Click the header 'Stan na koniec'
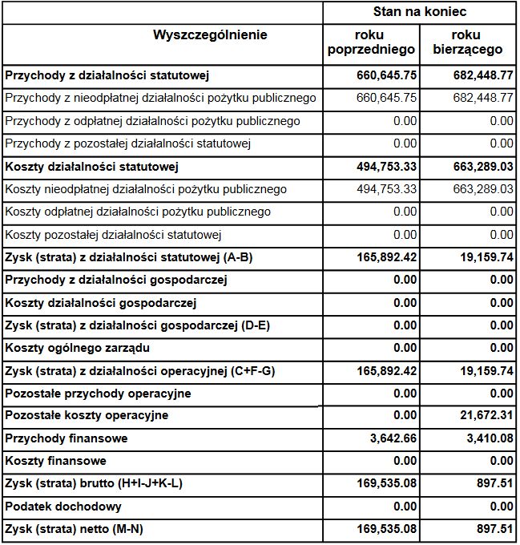(x=420, y=13)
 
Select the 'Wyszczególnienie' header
(x=210, y=35)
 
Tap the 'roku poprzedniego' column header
(x=372, y=42)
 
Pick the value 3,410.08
(x=486, y=438)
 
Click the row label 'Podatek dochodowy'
(x=63, y=507)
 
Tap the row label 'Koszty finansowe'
(x=55, y=462)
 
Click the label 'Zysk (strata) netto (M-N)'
(x=79, y=529)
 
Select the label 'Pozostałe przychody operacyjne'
(x=98, y=394)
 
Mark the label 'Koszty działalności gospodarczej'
(x=101, y=304)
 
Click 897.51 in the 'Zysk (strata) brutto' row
(x=494, y=484)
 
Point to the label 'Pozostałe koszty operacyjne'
(x=87, y=416)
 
